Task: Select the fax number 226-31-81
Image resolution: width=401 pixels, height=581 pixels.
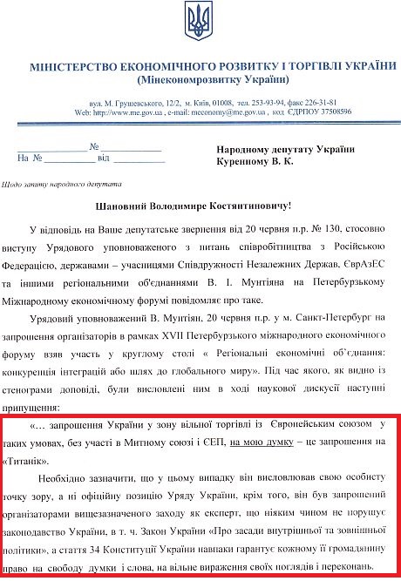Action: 313,103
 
